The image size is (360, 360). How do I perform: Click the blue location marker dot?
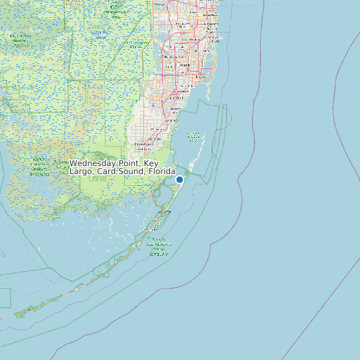pyautogui.click(x=179, y=179)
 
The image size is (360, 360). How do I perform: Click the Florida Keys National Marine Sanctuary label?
pyautogui.click(x=159, y=246)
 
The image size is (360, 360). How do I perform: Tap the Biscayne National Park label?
pyautogui.click(x=193, y=138)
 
